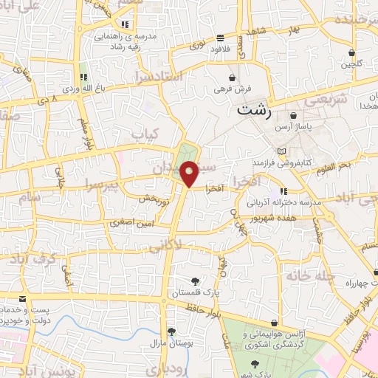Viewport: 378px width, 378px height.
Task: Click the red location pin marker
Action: point(190,173)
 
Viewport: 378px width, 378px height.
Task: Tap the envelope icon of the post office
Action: point(21,298)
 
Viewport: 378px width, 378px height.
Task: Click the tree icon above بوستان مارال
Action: point(171,331)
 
